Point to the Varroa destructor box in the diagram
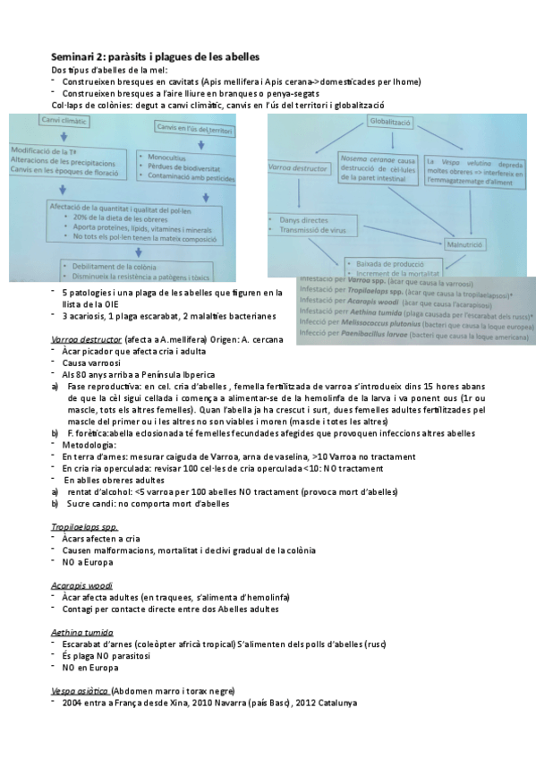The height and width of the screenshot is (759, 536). point(300,167)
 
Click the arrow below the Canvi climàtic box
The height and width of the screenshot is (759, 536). point(63,136)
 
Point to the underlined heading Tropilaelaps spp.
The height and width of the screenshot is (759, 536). point(84,527)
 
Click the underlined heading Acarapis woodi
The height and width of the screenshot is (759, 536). point(81,584)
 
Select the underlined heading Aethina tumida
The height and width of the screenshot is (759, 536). point(80,631)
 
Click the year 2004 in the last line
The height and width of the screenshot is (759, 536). point(73,704)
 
